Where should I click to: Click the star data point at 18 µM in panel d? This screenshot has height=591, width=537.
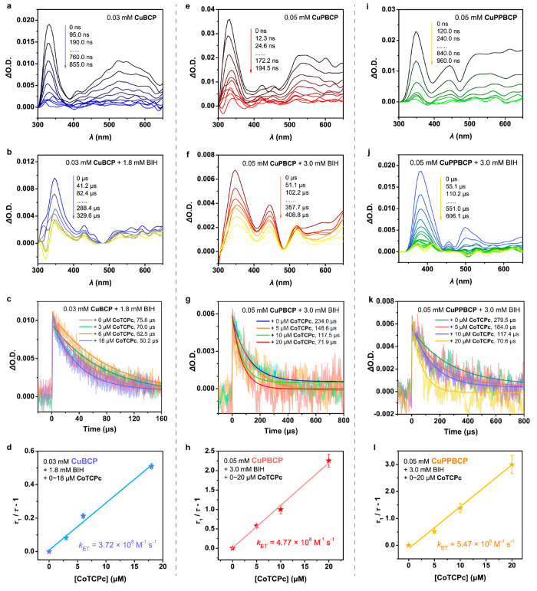(x=151, y=466)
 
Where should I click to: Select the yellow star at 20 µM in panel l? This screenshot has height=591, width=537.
(x=511, y=465)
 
